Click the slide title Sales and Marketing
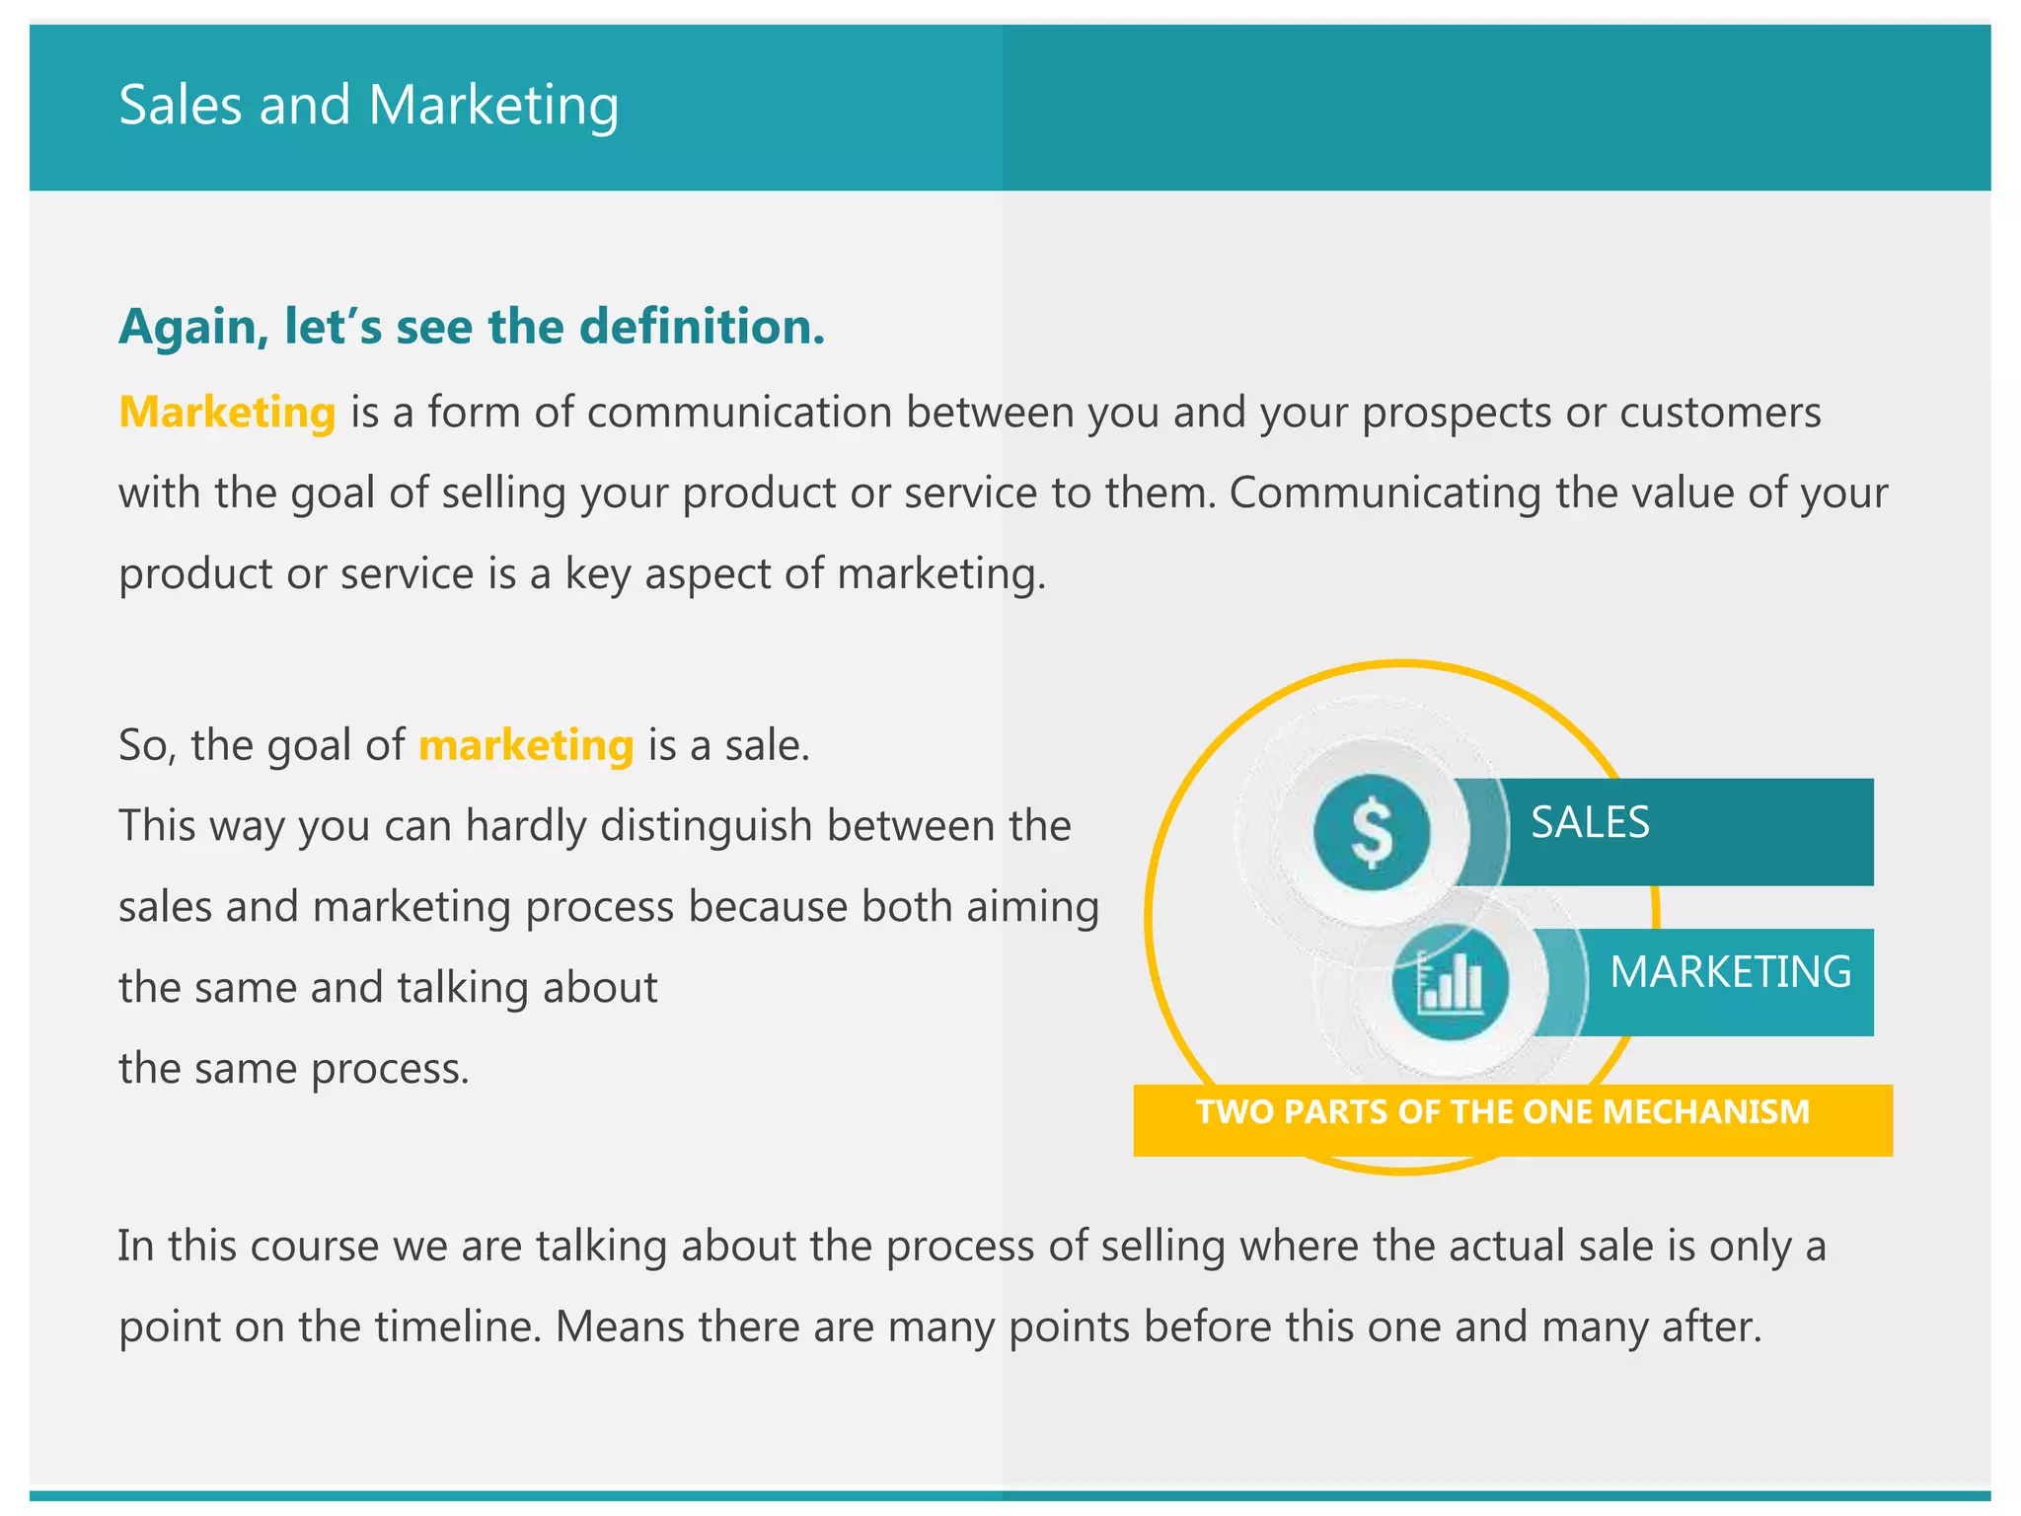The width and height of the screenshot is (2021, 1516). (x=368, y=106)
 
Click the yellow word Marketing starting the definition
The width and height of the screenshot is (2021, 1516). (x=227, y=413)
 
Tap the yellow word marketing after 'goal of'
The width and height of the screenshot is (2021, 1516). (x=526, y=745)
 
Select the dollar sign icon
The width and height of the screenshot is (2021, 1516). (x=1372, y=833)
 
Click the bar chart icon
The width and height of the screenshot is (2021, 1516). (x=1450, y=982)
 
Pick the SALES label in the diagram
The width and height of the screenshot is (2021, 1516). (x=1590, y=823)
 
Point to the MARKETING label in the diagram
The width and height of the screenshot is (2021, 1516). (x=1730, y=972)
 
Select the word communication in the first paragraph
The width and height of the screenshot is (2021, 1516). (x=739, y=413)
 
